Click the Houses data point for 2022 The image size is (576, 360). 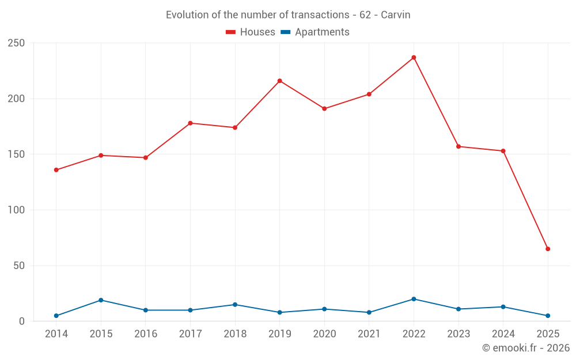coord(414,58)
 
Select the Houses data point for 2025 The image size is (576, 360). coord(548,249)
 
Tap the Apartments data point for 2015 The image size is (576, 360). coord(101,300)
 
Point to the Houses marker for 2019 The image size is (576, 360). coord(280,81)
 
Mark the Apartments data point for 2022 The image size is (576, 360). coord(414,299)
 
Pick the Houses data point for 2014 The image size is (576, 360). coord(56,170)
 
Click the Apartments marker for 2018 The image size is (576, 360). coord(235,305)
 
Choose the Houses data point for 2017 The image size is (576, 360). coord(190,123)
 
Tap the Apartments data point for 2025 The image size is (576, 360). coord(548,316)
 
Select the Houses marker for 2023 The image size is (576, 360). coord(458,146)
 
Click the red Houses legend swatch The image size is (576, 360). coord(231,32)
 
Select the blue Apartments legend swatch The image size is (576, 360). coord(285,32)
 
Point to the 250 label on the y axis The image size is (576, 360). coord(16,43)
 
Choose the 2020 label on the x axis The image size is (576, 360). coord(324,334)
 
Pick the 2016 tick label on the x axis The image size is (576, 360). coord(145,334)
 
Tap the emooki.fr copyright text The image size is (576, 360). coord(526,348)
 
